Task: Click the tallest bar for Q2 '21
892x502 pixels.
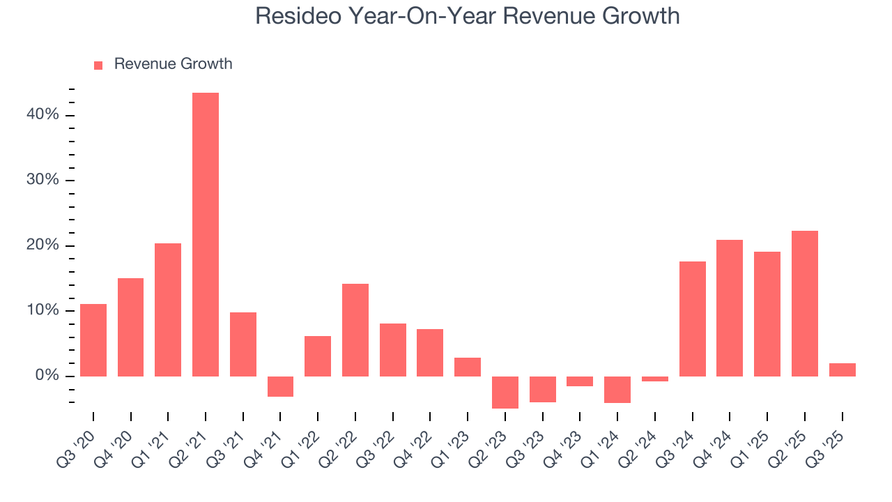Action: [x=206, y=234]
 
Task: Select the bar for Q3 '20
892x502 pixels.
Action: [x=93, y=340]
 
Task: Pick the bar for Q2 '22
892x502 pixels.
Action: [x=355, y=330]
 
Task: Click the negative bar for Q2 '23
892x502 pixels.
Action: [x=505, y=392]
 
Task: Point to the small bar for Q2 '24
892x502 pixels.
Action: [x=655, y=379]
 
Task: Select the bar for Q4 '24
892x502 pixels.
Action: [x=730, y=308]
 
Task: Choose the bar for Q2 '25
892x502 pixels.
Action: [x=805, y=303]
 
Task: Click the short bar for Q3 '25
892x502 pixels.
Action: [x=842, y=370]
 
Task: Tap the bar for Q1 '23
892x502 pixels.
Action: [x=468, y=367]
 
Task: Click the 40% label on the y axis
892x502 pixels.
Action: [x=43, y=115]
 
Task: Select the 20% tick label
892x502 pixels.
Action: [x=43, y=245]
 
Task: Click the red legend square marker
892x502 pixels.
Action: [x=98, y=65]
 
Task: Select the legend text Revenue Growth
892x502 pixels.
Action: [x=173, y=64]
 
